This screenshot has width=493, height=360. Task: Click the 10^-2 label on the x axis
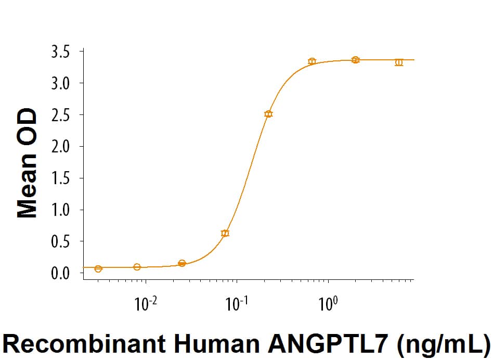tap(146, 304)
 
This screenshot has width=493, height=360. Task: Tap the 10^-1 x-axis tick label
tap(237, 304)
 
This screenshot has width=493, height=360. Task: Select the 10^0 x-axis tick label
tap(328, 304)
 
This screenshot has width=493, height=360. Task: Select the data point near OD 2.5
tap(268, 114)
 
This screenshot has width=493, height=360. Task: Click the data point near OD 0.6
tap(225, 233)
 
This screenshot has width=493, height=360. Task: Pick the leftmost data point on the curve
tap(98, 268)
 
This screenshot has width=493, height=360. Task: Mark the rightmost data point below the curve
tap(399, 62)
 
